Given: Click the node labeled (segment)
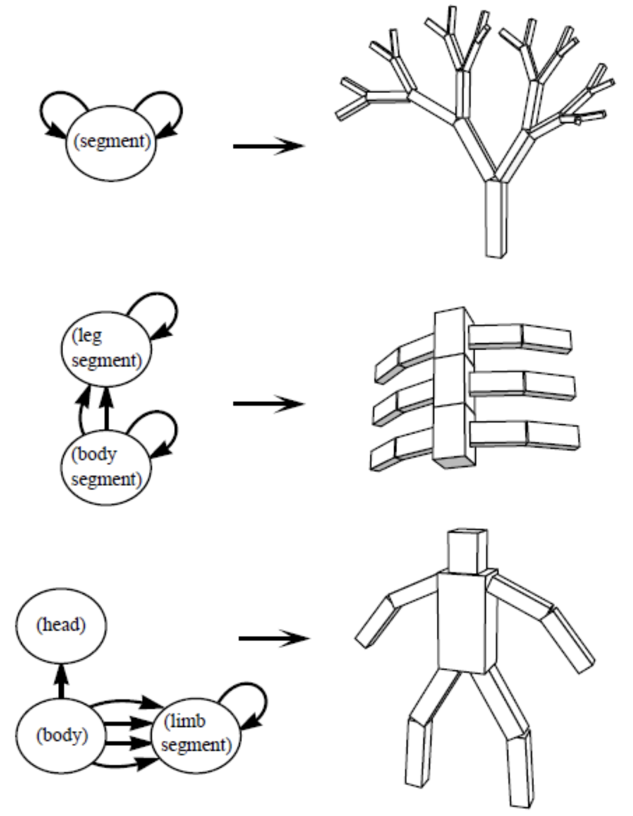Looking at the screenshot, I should click(x=111, y=143).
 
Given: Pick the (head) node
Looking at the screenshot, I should click(x=61, y=625).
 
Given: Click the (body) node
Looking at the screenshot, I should click(x=61, y=735).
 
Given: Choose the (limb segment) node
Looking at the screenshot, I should click(x=196, y=734).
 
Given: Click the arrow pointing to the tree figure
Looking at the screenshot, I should click(x=268, y=146).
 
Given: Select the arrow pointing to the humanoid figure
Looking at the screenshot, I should click(x=274, y=638).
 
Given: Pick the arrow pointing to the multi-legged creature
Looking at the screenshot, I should click(x=268, y=404).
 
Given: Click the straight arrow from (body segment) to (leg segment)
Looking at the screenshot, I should click(x=107, y=411).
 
